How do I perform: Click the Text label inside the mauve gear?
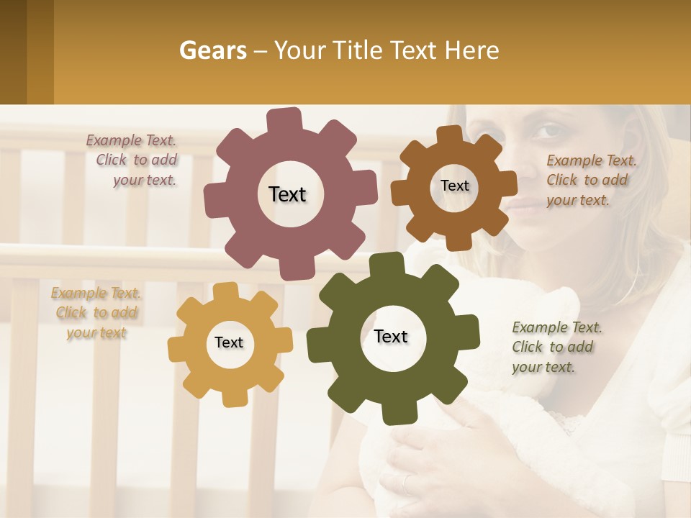[287, 194]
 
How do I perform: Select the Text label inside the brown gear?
[454, 186]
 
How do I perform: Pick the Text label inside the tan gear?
[229, 342]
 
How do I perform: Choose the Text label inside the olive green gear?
[391, 336]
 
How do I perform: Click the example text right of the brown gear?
[589, 181]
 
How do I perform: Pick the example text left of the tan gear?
[96, 313]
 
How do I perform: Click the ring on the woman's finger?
[407, 484]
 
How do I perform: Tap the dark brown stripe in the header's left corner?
[13, 52]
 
